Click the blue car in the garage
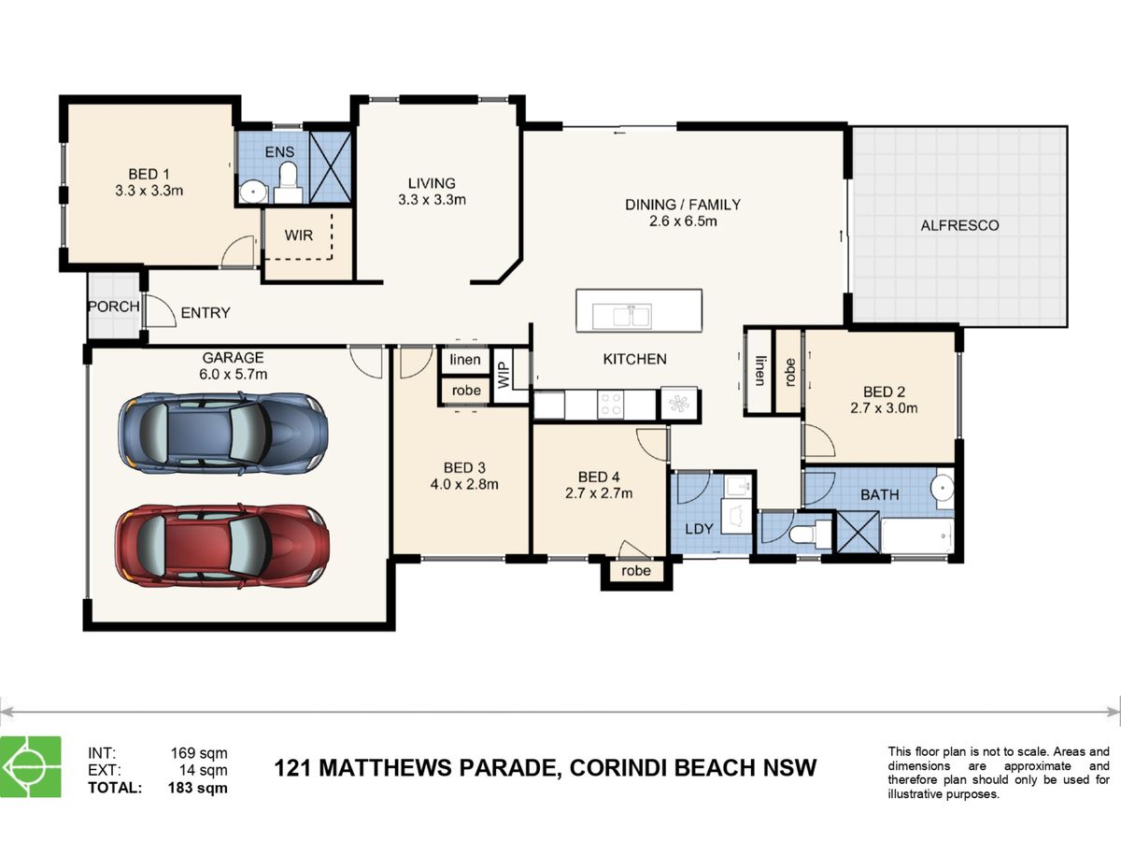pyautogui.click(x=223, y=433)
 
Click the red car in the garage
pyautogui.click(x=222, y=545)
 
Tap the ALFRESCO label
pyautogui.click(x=959, y=225)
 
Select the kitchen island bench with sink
pyautogui.click(x=639, y=310)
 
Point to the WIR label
pyautogui.click(x=299, y=235)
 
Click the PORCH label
pyautogui.click(x=113, y=306)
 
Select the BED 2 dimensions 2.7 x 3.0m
pyautogui.click(x=883, y=408)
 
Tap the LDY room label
pyautogui.click(x=699, y=528)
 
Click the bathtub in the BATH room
pyautogui.click(x=916, y=536)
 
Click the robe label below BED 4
pyautogui.click(x=635, y=571)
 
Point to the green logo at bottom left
pyautogui.click(x=31, y=767)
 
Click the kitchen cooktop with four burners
pyautogui.click(x=611, y=405)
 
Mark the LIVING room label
pyautogui.click(x=432, y=183)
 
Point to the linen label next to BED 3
pyautogui.click(x=464, y=360)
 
